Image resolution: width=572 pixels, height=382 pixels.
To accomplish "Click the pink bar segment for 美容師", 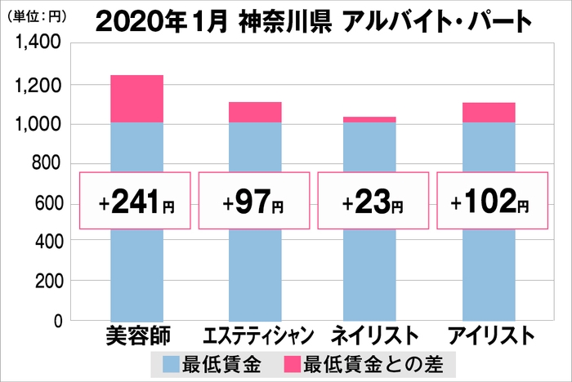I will [x=136, y=99].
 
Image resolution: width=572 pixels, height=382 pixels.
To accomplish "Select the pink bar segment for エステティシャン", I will [x=255, y=112].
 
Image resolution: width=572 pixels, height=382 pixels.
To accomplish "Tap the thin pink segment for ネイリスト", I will [x=369, y=119].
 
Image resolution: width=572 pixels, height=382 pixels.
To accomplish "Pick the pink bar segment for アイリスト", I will [x=489, y=113].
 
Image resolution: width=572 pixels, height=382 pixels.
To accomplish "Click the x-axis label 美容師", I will [x=136, y=335].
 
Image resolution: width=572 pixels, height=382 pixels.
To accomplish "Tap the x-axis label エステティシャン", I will [x=254, y=335].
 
